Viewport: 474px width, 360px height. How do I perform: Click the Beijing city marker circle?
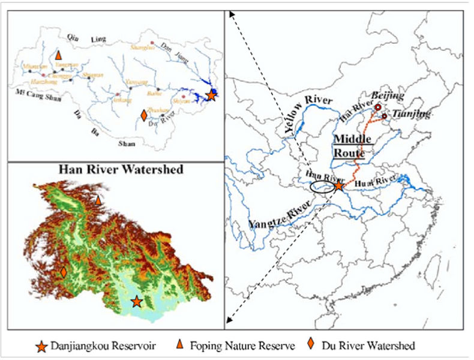[378, 107]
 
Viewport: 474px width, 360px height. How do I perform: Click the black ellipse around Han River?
[323, 188]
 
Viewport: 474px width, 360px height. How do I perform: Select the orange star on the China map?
[339, 186]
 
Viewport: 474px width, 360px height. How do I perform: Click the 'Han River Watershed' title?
[120, 169]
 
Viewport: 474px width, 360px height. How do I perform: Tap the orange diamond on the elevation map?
[63, 272]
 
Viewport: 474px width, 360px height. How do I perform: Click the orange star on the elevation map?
[137, 301]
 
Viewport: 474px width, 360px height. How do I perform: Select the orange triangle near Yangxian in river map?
[58, 55]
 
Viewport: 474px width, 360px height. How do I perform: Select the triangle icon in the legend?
[179, 345]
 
